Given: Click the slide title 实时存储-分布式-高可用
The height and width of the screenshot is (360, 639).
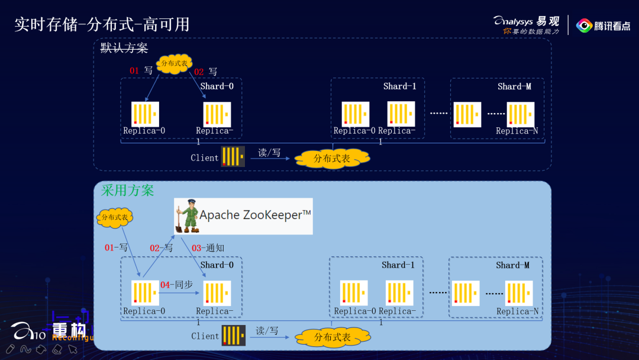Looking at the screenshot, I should [102, 25].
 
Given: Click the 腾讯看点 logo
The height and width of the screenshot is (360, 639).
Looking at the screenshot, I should [603, 25].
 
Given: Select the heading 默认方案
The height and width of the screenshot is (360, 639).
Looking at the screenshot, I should [124, 49].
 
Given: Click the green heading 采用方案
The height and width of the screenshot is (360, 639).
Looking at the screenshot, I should [127, 191].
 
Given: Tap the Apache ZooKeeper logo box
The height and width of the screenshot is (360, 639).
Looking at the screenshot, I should [243, 216].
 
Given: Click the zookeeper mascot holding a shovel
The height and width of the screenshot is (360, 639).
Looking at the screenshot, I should [188, 216].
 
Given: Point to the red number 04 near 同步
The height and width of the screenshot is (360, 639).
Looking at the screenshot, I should [166, 285].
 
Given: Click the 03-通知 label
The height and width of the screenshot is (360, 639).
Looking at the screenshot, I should [207, 248].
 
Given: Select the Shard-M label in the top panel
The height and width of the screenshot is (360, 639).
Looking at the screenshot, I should [514, 86].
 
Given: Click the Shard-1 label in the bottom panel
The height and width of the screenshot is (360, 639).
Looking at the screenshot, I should [398, 265].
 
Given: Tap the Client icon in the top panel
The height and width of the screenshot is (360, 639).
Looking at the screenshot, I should [233, 157].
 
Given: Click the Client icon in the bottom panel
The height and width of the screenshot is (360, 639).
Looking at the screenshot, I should [233, 336].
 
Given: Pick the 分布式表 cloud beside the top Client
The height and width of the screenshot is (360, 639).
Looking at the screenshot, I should [332, 158].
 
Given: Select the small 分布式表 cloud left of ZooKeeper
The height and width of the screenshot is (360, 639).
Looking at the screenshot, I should [115, 217].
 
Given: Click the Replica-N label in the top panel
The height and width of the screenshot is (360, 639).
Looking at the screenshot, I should [517, 131].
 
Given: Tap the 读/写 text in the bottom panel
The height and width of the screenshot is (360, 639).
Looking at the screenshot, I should [267, 331].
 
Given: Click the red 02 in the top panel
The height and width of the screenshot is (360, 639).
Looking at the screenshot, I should [199, 72].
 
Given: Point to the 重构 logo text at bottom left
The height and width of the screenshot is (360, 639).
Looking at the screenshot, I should [69, 330].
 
